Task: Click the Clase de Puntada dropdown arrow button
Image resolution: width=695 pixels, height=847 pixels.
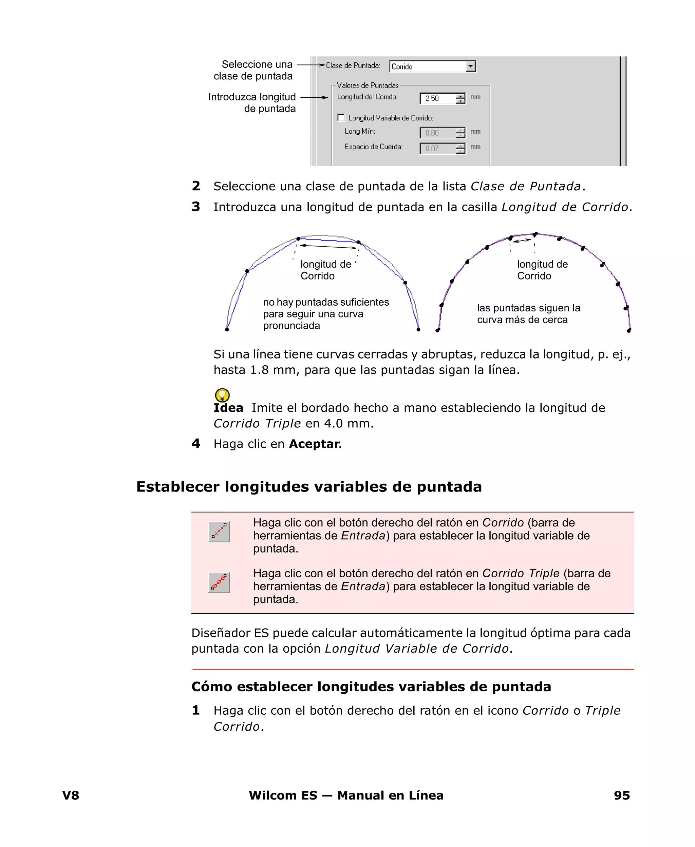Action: (471, 66)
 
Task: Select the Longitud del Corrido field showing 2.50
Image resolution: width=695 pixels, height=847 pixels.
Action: (437, 98)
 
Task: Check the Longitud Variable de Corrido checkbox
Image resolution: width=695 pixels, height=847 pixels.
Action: (341, 118)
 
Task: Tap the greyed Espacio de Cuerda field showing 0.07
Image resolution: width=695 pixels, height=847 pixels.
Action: (437, 149)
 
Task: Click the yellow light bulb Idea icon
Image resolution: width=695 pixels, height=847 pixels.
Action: (222, 395)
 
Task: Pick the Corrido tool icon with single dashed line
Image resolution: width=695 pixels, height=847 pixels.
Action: (219, 532)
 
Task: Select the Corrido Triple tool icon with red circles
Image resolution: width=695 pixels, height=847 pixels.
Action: (219, 582)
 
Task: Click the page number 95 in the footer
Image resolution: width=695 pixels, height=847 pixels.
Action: (621, 795)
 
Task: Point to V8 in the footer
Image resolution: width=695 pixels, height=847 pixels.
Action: (71, 795)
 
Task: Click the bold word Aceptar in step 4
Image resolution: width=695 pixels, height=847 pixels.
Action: (314, 444)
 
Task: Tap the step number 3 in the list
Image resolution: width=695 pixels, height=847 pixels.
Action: (196, 207)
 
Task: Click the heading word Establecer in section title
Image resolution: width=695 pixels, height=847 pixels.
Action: (178, 487)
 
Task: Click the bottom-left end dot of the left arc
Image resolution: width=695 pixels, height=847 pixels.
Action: (227, 329)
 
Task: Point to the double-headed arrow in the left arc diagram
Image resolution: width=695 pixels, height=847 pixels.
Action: (328, 247)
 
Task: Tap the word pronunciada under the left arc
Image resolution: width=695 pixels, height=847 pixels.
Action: (292, 326)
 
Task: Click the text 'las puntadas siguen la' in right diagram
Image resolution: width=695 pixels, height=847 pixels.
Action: (528, 308)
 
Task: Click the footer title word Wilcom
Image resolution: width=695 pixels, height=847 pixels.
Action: (272, 795)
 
